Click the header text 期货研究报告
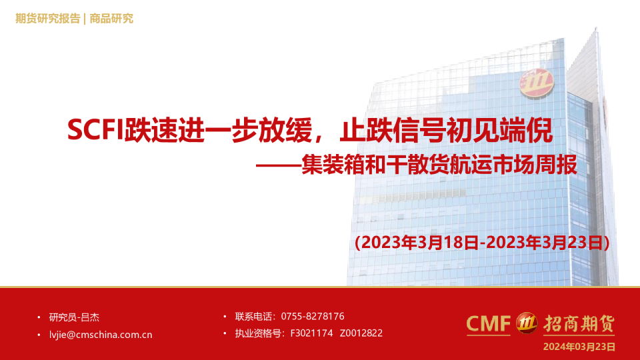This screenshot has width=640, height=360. (48, 19)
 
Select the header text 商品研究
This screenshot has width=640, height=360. (111, 19)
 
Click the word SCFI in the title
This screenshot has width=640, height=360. (95, 130)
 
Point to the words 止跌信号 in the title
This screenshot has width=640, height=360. (393, 130)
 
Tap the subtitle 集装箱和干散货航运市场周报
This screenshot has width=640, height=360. (439, 165)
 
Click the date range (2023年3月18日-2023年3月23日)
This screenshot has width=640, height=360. (482, 243)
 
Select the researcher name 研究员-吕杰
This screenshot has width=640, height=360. (74, 317)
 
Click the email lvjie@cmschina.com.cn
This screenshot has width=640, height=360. (101, 335)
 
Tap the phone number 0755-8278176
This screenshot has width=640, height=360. (313, 316)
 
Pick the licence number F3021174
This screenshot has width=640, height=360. (311, 333)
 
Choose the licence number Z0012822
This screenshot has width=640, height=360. (361, 333)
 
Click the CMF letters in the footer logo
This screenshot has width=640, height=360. (488, 324)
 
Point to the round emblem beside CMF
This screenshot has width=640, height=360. (527, 323)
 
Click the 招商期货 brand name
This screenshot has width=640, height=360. (579, 324)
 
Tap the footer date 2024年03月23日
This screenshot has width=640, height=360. (579, 347)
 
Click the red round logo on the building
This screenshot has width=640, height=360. (536, 84)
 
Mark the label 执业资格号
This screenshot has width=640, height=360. (258, 333)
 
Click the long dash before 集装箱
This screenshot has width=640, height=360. (279, 166)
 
